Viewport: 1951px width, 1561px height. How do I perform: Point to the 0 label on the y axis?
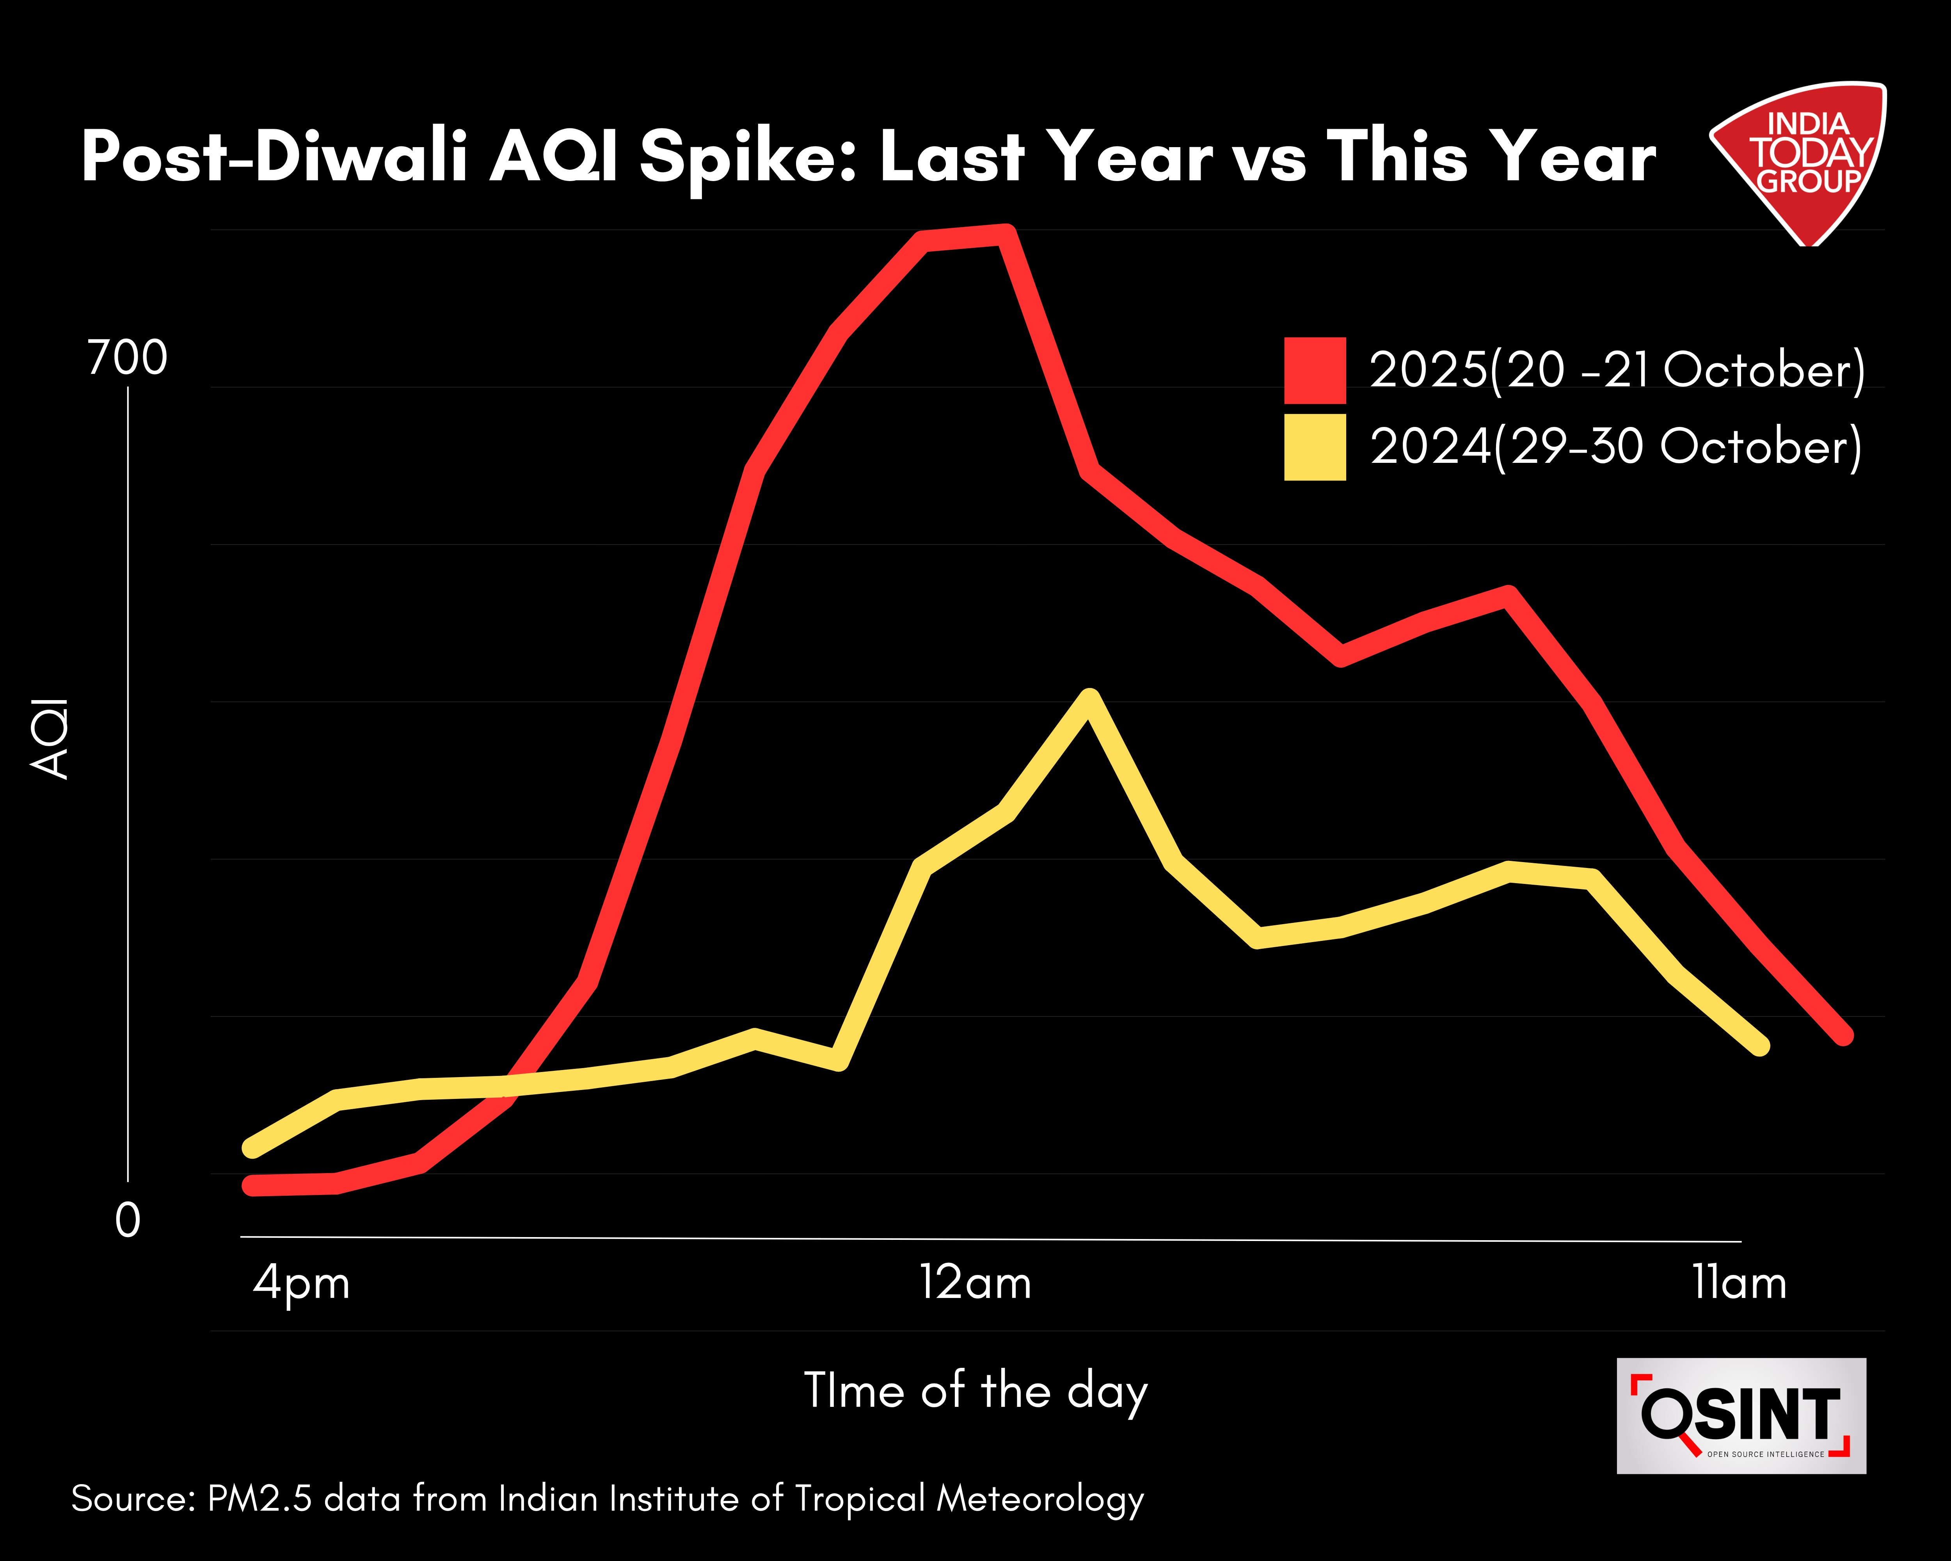tap(128, 1221)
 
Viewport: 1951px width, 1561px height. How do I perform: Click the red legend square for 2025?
tap(1314, 370)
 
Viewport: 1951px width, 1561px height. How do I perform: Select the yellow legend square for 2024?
tap(1314, 447)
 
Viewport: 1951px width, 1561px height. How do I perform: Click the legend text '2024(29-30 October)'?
tap(1615, 447)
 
